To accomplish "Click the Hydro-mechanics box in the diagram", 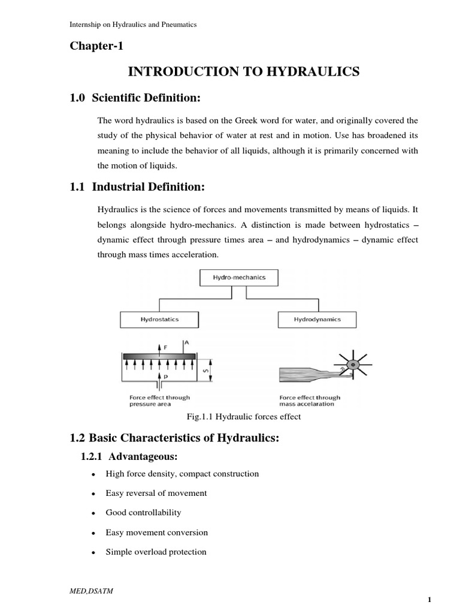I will [239, 278].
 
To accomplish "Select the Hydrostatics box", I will [159, 320].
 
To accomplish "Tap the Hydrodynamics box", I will [317, 320].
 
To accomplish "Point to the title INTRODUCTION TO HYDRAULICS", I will [244, 72].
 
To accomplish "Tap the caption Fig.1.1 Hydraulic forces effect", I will [244, 417].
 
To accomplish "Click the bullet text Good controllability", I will [143, 513].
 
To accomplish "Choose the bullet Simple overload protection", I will [156, 552].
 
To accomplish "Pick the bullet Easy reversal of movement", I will [156, 493].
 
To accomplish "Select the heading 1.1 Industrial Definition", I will [138, 188].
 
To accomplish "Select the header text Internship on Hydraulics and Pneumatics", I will [134, 25].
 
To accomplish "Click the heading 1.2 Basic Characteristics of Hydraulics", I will [175, 438].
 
